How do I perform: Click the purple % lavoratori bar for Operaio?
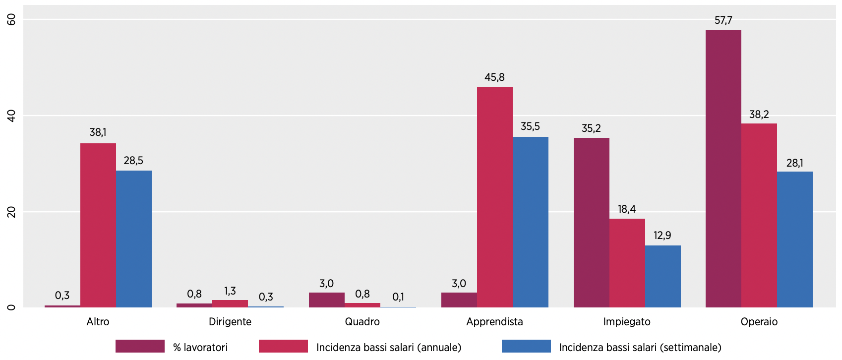tap(723, 169)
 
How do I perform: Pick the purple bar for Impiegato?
tap(591, 223)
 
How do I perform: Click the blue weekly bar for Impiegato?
tap(662, 276)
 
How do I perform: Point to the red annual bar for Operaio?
tap(759, 215)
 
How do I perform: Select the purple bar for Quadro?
tap(326, 300)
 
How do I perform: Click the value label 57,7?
tap(723, 20)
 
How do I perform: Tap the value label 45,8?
tap(494, 77)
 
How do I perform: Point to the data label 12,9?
tap(662, 236)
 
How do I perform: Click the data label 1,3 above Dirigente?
tap(230, 291)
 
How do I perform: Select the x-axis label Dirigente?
tap(230, 322)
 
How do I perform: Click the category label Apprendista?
tap(494, 322)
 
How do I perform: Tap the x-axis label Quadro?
tap(362, 322)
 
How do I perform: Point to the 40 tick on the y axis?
tap(11, 116)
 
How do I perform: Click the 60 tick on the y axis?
tap(11, 19)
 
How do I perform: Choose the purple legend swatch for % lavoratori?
tap(140, 346)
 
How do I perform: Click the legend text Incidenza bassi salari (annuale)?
tap(389, 348)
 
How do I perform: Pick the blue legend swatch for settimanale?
tap(526, 346)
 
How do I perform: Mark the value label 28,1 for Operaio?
tap(794, 163)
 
